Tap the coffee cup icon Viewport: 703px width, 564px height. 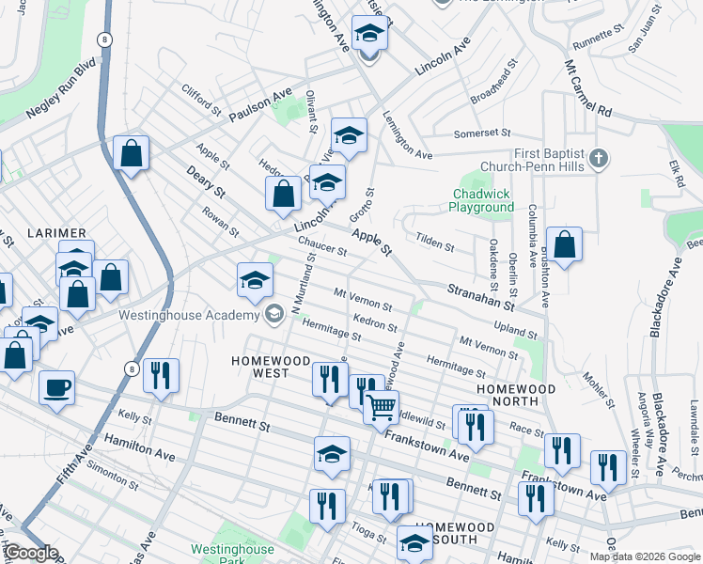tap(56, 386)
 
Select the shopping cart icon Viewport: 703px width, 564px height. tap(381, 407)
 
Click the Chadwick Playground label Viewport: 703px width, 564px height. tap(481, 200)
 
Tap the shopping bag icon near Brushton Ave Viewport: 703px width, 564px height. tap(564, 245)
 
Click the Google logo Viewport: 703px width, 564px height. tap(31, 553)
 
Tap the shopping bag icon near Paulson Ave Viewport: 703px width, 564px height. tap(131, 153)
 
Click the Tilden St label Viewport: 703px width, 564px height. tap(435, 243)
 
